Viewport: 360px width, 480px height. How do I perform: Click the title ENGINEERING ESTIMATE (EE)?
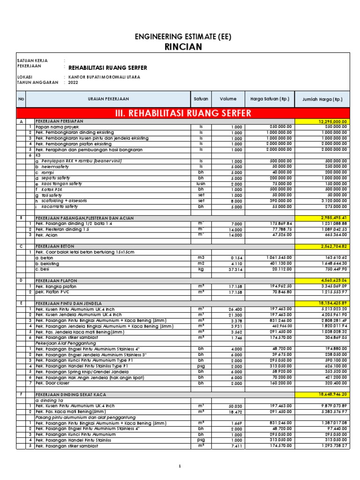pos(183,37)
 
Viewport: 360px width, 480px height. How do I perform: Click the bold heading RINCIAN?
pos(183,46)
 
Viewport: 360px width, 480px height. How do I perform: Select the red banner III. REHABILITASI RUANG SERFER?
pos(183,113)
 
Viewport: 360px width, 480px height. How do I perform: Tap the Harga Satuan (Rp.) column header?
pos(270,99)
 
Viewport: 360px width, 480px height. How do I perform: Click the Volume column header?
pos(228,99)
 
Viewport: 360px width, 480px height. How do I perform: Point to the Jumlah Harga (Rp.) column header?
pos(322,99)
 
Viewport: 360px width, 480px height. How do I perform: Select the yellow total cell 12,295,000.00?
pos(332,121)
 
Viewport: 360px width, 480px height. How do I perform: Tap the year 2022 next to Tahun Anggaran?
pos(73,82)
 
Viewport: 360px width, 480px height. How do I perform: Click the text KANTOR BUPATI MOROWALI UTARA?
pos(104,76)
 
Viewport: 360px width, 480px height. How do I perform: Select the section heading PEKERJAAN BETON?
pos(55,246)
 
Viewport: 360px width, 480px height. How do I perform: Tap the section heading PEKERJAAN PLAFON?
pos(57,280)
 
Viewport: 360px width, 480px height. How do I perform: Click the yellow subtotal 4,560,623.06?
pos(332,280)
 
